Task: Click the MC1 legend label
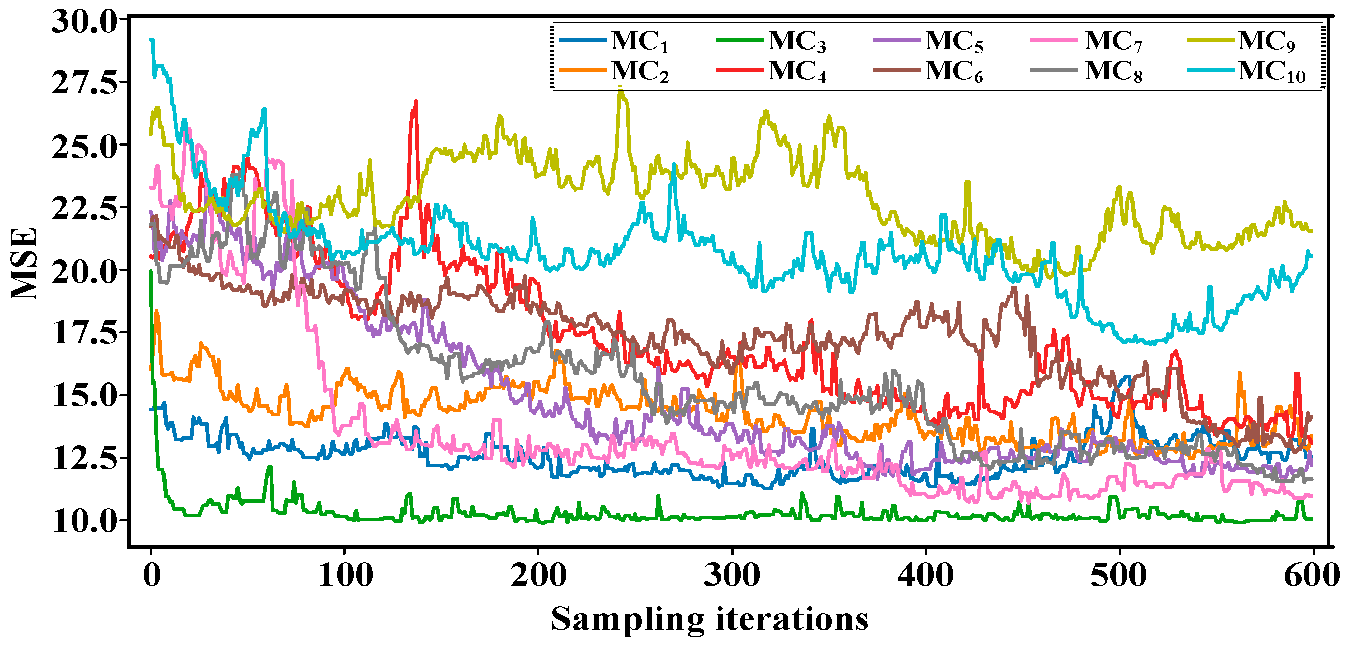coord(640,41)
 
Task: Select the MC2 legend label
coord(640,71)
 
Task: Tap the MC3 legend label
coord(797,41)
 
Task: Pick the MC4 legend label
coord(797,71)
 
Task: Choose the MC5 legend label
coord(954,41)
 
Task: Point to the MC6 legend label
coord(954,71)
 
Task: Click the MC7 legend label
coord(1114,41)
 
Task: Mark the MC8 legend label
coord(1114,71)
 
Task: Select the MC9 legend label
coord(1267,41)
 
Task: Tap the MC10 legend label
coord(1272,71)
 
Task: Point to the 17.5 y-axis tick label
coord(85,332)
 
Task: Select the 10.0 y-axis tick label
coord(85,520)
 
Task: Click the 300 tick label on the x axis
coord(731,576)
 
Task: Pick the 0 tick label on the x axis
coord(152,576)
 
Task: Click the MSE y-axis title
coord(25,264)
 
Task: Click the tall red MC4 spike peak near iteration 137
coord(416,101)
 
